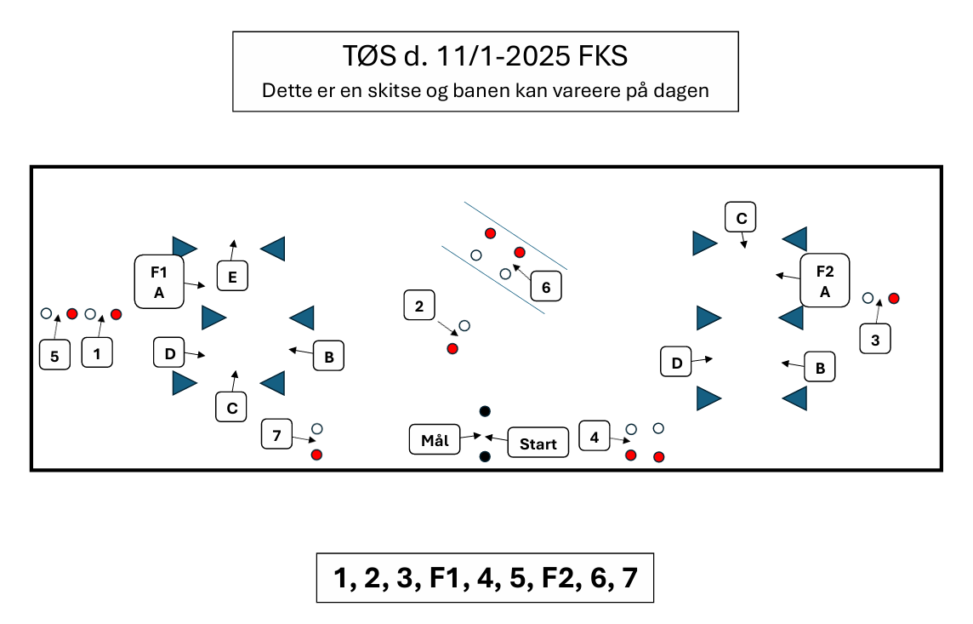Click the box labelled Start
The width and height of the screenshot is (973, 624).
coord(538,443)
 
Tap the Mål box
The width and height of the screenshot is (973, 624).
coord(434,440)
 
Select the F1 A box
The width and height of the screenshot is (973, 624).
coord(158,281)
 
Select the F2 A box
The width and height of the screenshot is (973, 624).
coord(824,280)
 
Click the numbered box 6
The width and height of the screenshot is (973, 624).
coord(546,288)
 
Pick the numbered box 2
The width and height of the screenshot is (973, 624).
coord(419,306)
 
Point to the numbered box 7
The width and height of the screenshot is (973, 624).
coord(276,435)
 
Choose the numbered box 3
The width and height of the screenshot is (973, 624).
coord(875,341)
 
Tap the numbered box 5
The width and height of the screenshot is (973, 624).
coord(54,354)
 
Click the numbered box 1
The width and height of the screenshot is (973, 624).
coord(97,352)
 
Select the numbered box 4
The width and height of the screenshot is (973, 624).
coord(594,437)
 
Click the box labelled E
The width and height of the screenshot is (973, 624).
coord(232,276)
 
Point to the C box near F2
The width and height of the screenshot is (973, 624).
coord(741,218)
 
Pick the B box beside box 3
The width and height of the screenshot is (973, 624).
coord(820,368)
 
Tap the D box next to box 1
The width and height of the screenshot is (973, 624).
coord(169,352)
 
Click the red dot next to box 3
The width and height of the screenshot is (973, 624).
coord(894,298)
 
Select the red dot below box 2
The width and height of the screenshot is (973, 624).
coord(452,349)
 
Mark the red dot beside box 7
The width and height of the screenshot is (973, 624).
coord(316,455)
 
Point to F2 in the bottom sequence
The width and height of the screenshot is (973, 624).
coord(561,578)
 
